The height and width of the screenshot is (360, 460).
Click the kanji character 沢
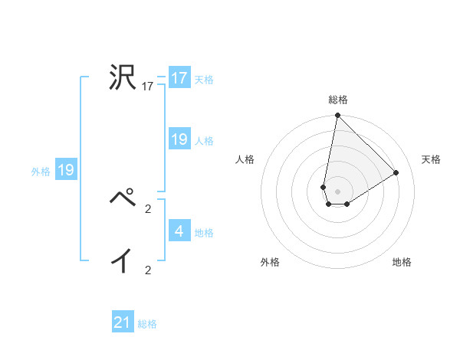click(122, 78)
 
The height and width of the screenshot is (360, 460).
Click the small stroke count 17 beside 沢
click(148, 87)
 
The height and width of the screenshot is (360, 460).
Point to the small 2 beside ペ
click(148, 208)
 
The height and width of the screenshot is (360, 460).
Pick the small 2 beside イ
click(148, 270)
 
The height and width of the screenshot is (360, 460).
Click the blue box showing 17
click(179, 78)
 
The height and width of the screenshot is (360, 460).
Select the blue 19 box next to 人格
click(179, 139)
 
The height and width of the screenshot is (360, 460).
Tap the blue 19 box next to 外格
click(65, 170)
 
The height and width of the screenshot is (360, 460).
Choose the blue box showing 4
click(179, 231)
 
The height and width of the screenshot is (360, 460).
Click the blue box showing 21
click(123, 322)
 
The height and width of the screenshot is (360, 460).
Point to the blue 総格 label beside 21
click(147, 324)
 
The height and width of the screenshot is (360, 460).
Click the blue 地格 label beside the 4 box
click(204, 232)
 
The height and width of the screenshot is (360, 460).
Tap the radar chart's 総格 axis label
click(338, 100)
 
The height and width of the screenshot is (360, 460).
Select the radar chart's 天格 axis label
click(431, 159)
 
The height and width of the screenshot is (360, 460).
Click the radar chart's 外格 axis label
click(270, 263)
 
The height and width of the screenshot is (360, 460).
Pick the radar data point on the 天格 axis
click(396, 172)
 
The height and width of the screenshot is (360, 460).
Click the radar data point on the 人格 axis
click(324, 187)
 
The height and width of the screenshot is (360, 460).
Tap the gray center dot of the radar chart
click(338, 191)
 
